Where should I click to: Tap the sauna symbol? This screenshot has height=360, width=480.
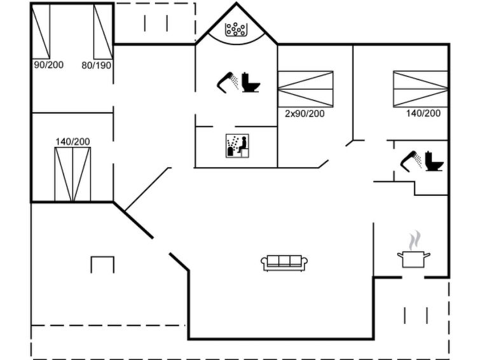tap(237, 146)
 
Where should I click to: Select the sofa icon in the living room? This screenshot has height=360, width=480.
tap(284, 263)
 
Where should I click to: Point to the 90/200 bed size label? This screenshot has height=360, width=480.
tap(49, 65)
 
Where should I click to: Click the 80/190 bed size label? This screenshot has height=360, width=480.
tap(96, 66)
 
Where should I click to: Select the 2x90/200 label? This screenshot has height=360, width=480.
tap(305, 114)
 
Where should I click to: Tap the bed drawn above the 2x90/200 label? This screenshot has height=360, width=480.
tap(305, 89)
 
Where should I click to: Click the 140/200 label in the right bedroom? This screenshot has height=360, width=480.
tap(423, 113)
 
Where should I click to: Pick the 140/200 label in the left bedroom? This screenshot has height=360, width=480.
tap(72, 142)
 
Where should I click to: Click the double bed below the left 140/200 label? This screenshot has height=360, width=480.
tap(72, 174)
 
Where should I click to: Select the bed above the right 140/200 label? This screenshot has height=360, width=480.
tap(421, 89)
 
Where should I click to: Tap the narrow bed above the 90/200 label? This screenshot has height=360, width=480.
tap(41, 31)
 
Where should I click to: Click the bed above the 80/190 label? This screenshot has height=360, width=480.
tap(103, 31)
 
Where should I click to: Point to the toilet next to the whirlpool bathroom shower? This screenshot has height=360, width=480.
tap(250, 82)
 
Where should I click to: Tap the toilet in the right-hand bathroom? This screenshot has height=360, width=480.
tap(434, 161)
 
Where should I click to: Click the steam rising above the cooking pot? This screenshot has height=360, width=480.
tap(415, 240)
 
